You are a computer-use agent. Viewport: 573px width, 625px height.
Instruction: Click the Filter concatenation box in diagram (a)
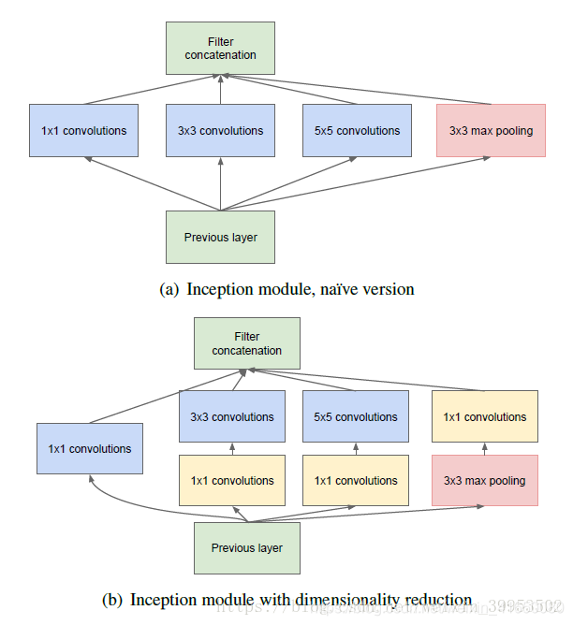coord(220,48)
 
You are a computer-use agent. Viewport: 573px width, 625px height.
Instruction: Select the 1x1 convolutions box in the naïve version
coord(83,130)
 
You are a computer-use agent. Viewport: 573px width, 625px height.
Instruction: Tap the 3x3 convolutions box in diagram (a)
coord(220,130)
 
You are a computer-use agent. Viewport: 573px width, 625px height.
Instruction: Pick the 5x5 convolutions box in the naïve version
coord(357,130)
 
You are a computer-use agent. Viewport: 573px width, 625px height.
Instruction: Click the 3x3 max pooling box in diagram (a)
coord(492,130)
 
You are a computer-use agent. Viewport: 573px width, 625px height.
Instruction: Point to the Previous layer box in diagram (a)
coord(220,237)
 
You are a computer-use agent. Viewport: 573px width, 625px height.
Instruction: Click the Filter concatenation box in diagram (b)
coord(246,343)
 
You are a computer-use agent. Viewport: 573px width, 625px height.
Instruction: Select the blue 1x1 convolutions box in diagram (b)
coord(89,449)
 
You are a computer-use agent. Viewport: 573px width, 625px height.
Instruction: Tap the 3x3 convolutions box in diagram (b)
coord(232,417)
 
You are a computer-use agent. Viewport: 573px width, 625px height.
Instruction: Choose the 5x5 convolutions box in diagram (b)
coord(357,417)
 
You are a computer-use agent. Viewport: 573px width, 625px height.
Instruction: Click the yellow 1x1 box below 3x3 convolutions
coord(232,481)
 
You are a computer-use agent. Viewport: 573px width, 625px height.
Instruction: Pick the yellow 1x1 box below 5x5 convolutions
coord(357,481)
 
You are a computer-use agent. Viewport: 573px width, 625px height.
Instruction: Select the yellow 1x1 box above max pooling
coord(484,417)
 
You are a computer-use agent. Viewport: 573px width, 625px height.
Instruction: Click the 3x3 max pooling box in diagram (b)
coord(484,481)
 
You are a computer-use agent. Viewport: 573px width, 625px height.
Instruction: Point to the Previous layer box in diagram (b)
coord(246,548)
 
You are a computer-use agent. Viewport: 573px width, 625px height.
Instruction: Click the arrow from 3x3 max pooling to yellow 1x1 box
coord(484,449)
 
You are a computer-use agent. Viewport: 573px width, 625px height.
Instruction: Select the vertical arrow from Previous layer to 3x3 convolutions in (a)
coord(220,183)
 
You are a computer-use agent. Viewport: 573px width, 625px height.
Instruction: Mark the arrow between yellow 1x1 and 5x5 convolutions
coord(357,449)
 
